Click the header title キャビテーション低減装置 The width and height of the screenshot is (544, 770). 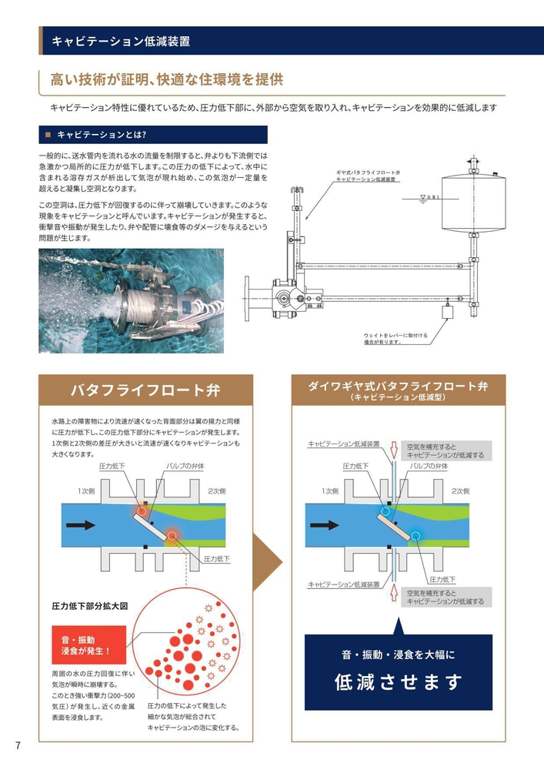coord(121,42)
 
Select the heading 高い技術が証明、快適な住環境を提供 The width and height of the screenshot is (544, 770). coord(167,79)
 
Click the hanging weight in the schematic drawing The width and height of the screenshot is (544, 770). coord(446,312)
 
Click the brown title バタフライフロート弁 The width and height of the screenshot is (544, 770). coord(145,390)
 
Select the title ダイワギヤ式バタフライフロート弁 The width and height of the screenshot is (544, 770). coord(398,387)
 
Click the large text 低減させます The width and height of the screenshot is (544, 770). coord(398,682)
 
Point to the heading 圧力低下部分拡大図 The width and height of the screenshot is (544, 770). coord(90,605)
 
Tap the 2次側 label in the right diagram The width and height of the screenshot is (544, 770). coord(460,490)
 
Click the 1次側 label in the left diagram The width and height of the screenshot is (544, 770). coord(86,490)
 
